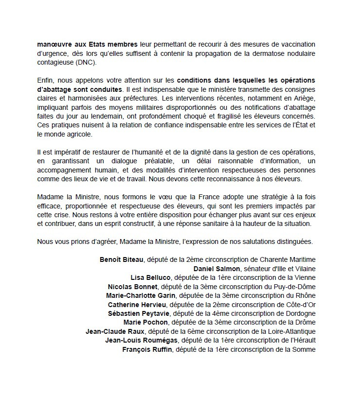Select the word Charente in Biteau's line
269,259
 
